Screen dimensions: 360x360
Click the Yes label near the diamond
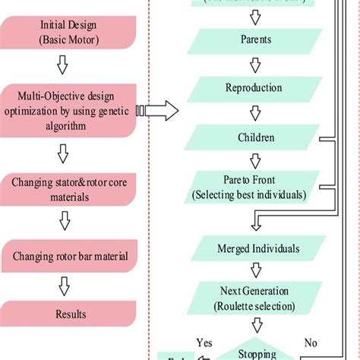pos(203,342)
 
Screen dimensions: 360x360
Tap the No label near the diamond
pos(311,342)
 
